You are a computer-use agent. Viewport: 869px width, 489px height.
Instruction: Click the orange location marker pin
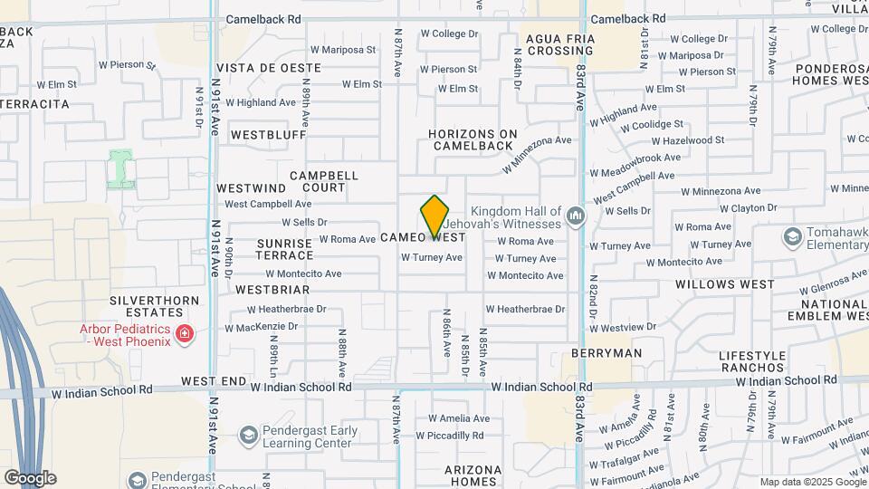[434, 216]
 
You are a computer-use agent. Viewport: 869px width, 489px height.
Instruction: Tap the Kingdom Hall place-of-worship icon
[576, 216]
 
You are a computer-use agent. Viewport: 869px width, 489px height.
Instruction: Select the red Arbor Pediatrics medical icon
[185, 334]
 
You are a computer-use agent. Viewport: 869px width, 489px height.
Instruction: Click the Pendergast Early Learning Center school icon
[247, 436]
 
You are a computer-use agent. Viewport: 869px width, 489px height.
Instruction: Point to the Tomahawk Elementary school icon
[793, 236]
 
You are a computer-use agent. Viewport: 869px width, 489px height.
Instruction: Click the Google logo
[30, 477]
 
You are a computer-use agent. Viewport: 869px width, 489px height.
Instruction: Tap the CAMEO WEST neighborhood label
[423, 237]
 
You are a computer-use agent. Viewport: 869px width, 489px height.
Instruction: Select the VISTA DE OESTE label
[269, 68]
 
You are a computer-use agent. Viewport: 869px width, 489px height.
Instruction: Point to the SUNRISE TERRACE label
[284, 249]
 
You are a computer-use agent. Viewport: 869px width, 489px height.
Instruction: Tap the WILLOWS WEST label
[725, 284]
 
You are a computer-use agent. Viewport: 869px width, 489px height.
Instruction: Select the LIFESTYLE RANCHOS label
[752, 361]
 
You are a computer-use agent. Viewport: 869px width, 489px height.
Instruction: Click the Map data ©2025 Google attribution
[812, 482]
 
